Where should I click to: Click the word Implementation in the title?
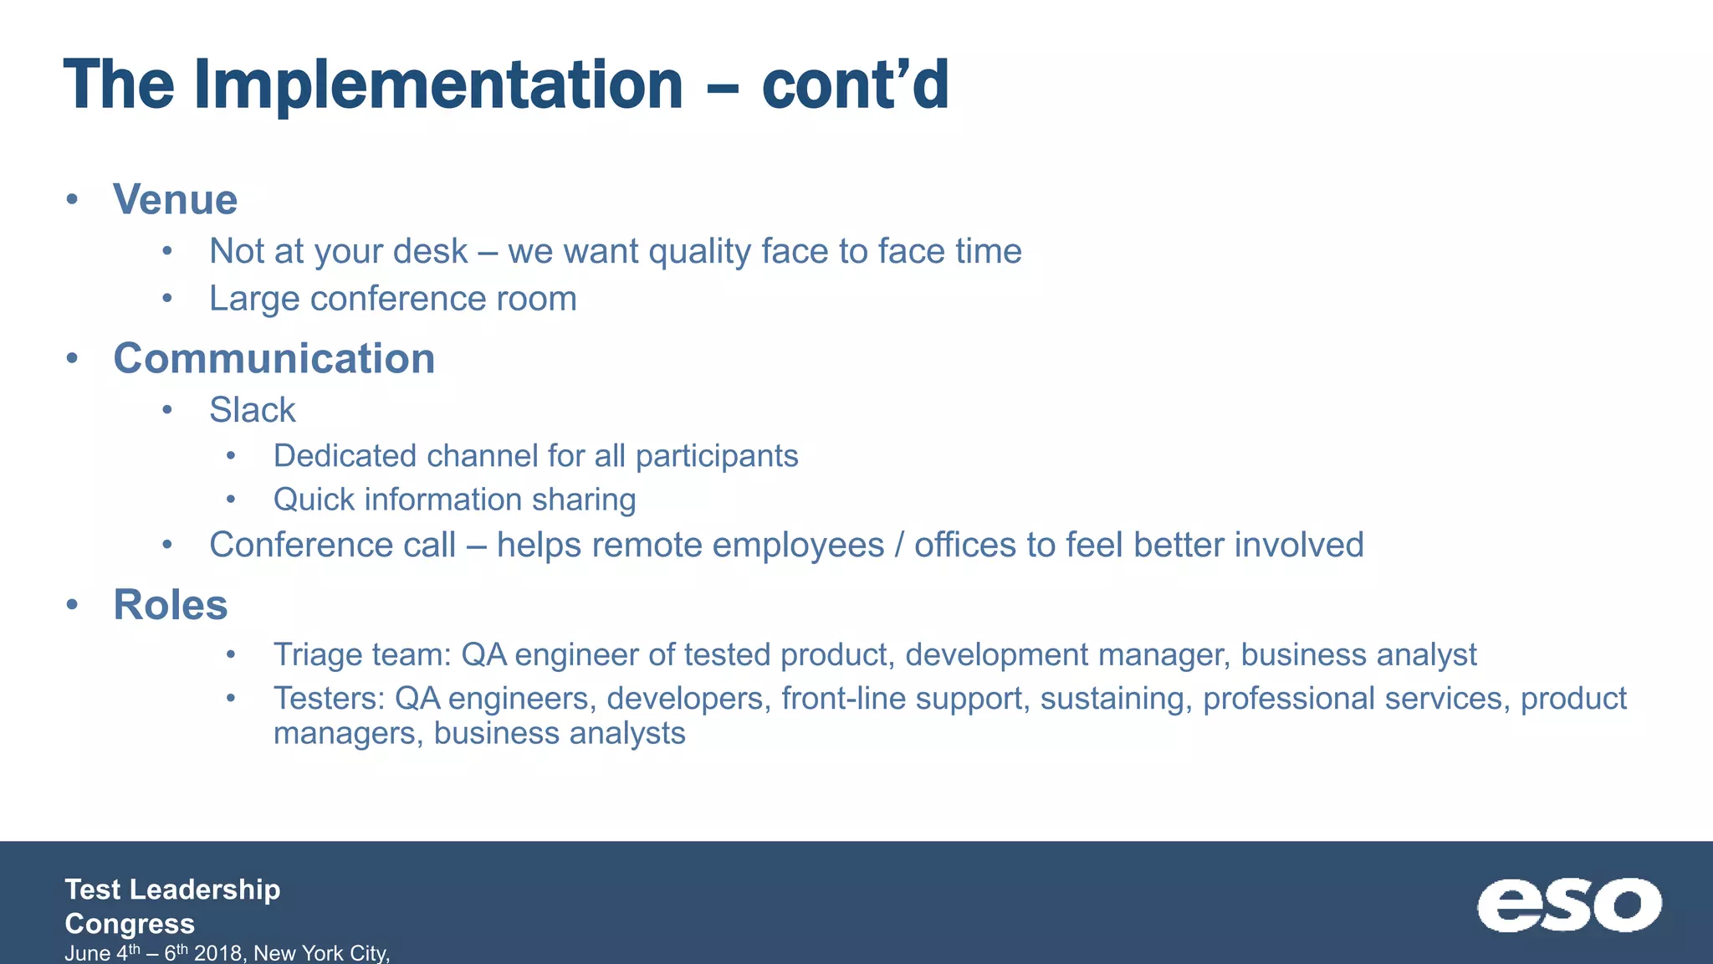tap(438, 85)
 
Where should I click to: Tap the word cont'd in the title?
tap(855, 85)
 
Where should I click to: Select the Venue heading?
tap(175, 200)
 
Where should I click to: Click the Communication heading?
tap(274, 358)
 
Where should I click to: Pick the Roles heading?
tap(170, 604)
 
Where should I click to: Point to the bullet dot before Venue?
tap(73, 200)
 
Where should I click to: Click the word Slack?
tap(252, 410)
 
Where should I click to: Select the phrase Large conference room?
tap(392, 299)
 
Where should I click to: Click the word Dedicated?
tap(345, 456)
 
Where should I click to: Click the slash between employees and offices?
tap(899, 545)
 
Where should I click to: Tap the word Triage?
tap(320, 654)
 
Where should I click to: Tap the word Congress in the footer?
tap(130, 923)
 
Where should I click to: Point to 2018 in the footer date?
tap(218, 953)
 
